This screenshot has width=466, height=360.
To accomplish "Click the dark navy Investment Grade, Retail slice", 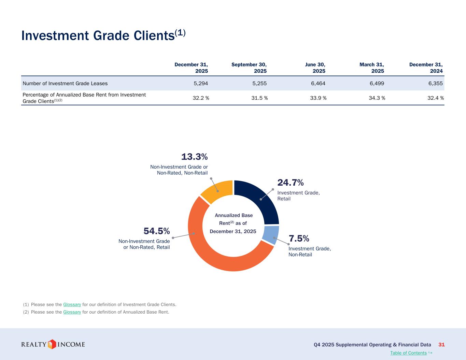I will [x=259, y=199].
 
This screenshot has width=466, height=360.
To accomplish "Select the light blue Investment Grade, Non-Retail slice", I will [x=271, y=235].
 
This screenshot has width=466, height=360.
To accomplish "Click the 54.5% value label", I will [x=157, y=231].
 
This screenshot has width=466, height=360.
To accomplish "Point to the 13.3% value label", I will [x=194, y=157].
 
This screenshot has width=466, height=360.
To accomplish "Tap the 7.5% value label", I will [x=299, y=238].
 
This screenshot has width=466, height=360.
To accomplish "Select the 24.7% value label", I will [x=291, y=183].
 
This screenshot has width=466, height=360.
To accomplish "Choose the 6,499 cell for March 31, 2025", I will [x=377, y=83].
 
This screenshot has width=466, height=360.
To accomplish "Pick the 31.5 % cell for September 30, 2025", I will [x=259, y=98].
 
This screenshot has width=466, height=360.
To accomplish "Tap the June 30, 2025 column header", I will [x=315, y=68].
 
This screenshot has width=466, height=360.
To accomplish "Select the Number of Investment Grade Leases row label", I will [x=65, y=83].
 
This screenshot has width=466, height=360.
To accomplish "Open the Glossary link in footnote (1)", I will [x=72, y=304].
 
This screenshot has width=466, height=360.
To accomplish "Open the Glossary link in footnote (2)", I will [x=72, y=312].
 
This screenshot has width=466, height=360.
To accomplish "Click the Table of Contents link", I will [x=408, y=353].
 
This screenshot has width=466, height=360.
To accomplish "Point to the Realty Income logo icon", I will [x=52, y=344].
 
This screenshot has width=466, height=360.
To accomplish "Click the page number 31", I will [x=441, y=345].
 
